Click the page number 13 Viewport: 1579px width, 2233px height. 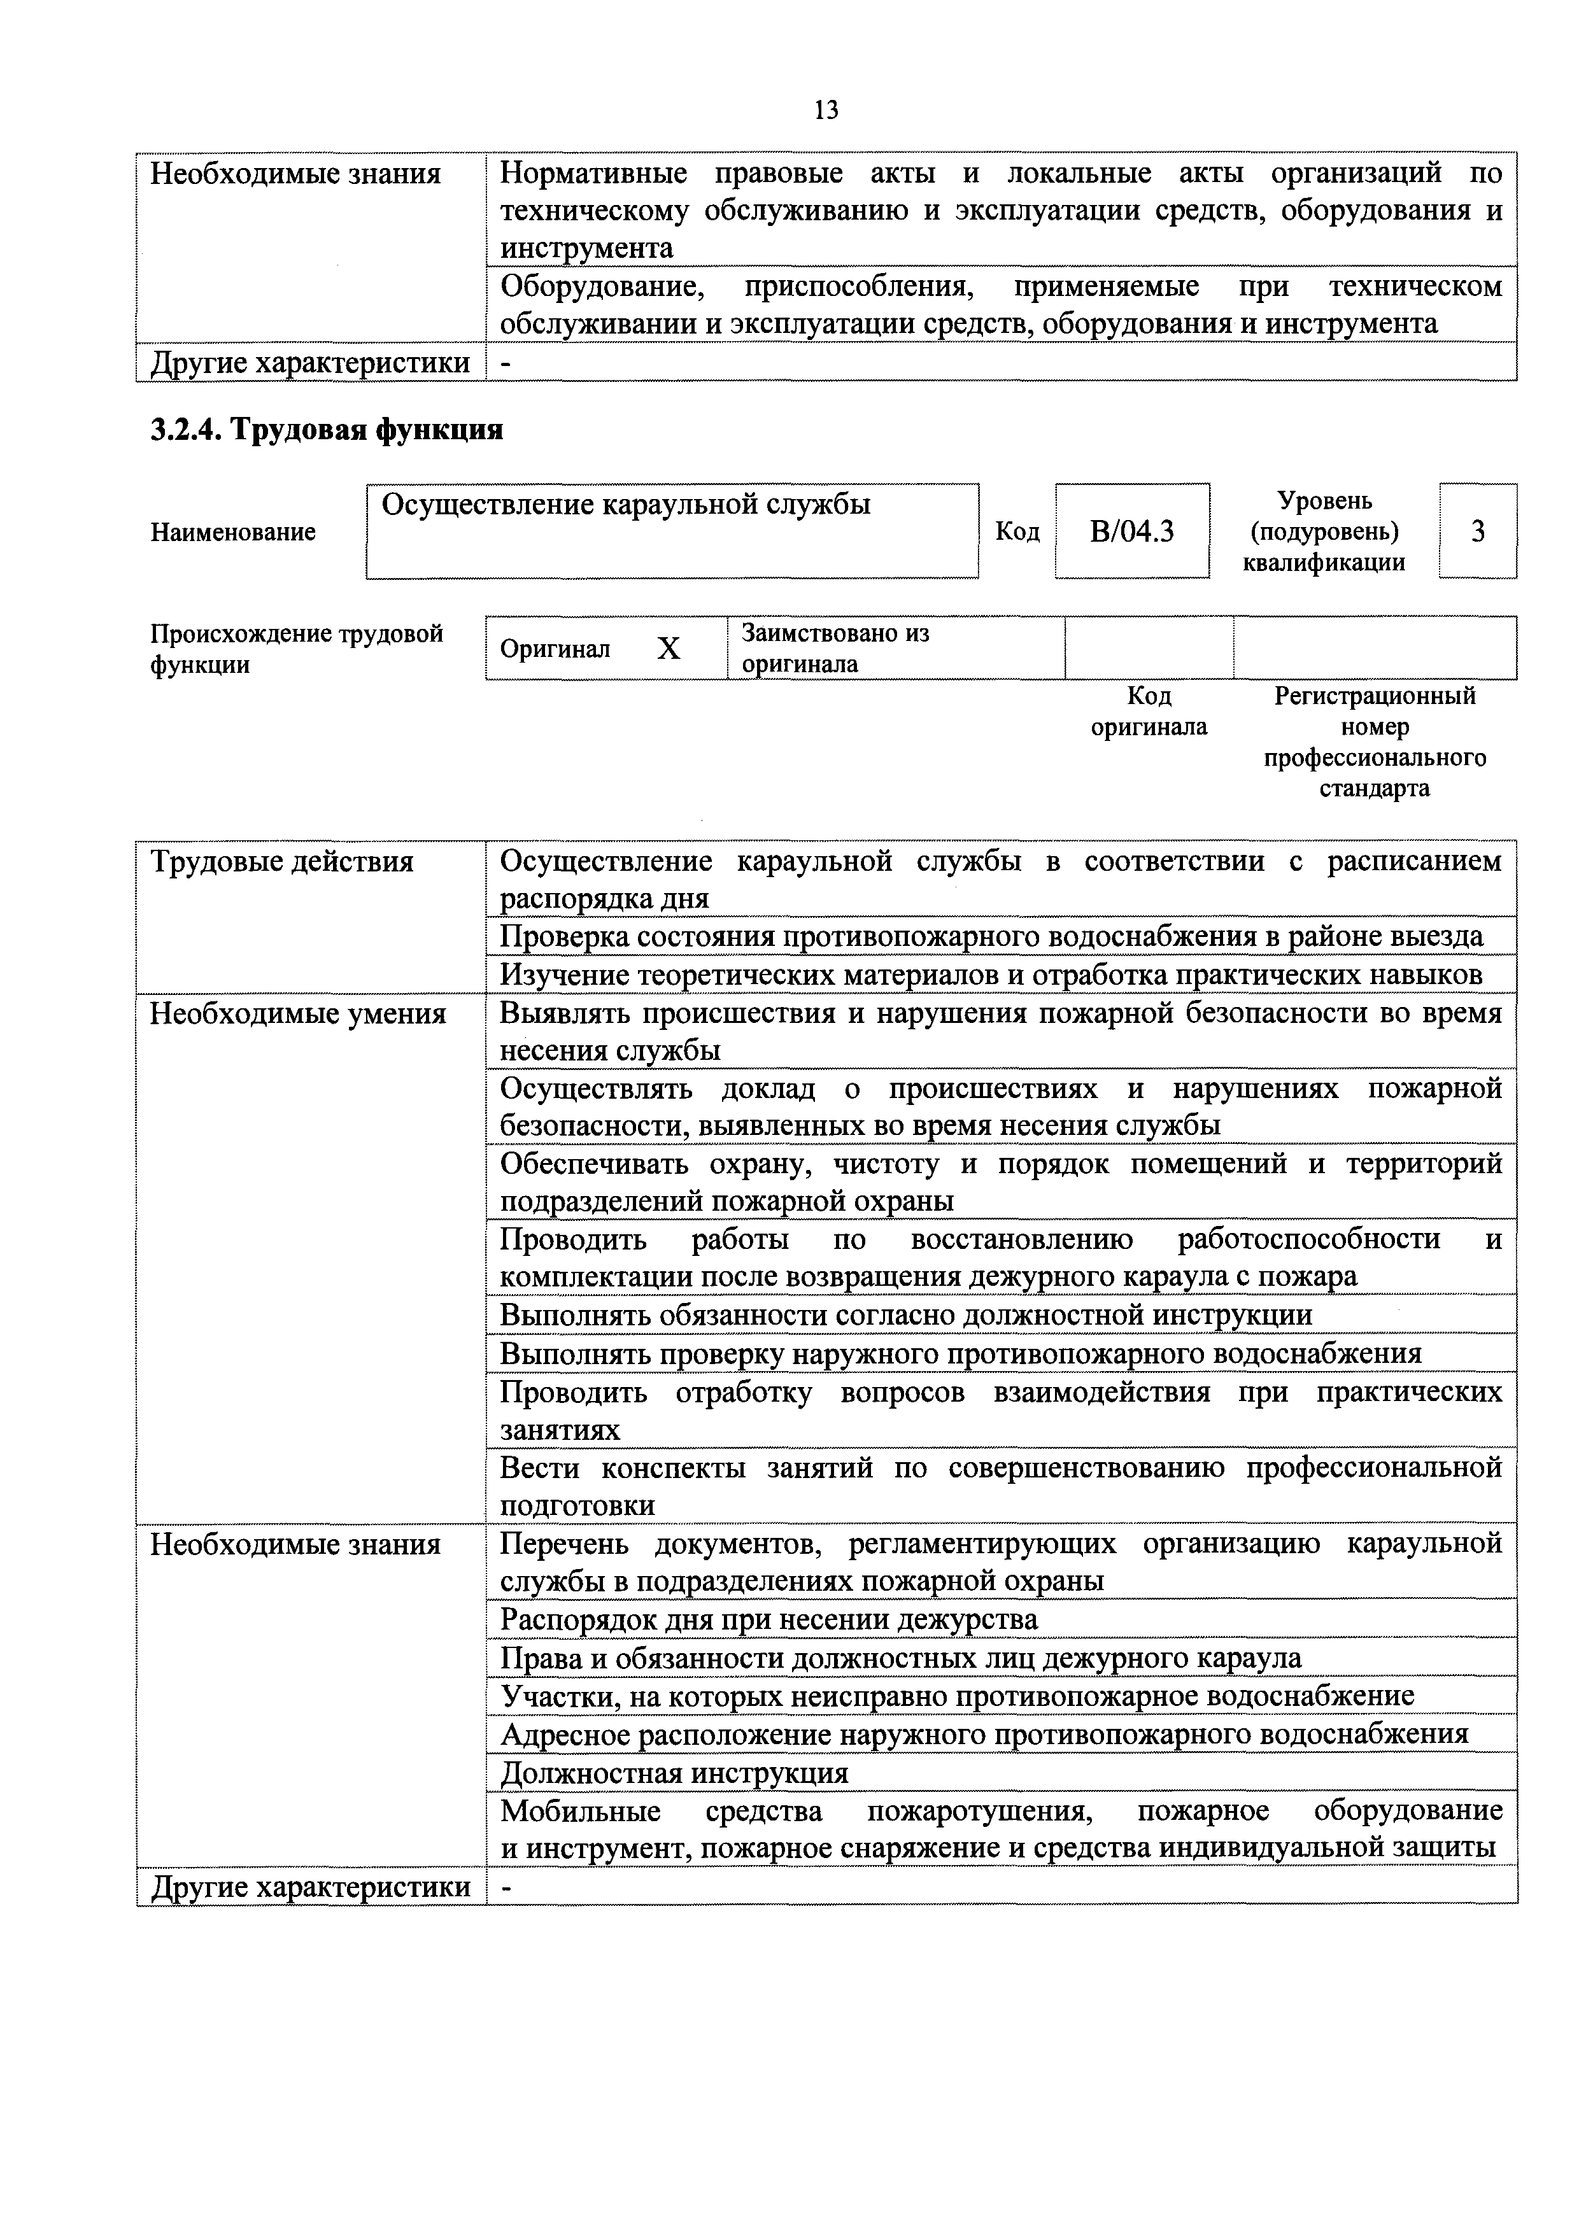click(825, 111)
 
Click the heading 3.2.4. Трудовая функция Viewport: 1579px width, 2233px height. click(327, 430)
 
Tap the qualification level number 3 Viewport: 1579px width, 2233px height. click(1477, 532)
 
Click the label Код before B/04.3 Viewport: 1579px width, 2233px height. click(1017, 532)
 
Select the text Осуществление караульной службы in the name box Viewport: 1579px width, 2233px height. click(626, 505)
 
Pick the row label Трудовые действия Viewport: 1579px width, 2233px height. click(281, 862)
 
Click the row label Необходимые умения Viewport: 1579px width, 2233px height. click(298, 1015)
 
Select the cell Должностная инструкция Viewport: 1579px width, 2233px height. click(674, 1773)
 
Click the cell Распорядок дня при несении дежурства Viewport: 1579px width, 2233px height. click(768, 1619)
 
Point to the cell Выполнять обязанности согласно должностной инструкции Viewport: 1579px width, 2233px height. click(905, 1315)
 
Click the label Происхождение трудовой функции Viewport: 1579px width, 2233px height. click(296, 649)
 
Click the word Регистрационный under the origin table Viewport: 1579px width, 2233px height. click(1374, 696)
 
